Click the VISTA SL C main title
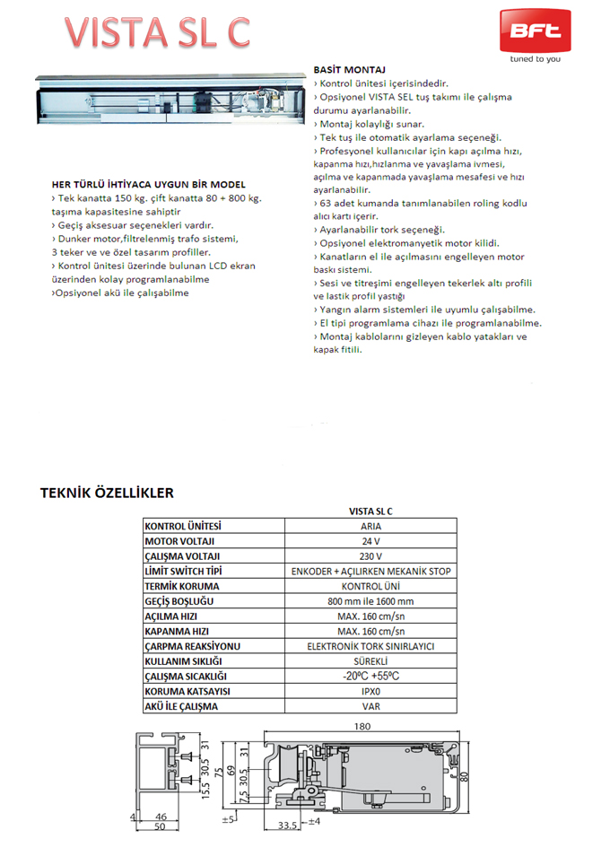click(x=158, y=32)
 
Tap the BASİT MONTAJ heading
click(x=349, y=69)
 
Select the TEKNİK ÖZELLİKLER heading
click(x=107, y=493)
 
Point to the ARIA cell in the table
click(x=370, y=526)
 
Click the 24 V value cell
click(x=370, y=541)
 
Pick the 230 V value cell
click(x=370, y=556)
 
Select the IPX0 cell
click(x=370, y=692)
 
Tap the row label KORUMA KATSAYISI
click(x=188, y=692)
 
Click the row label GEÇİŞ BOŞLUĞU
click(x=179, y=601)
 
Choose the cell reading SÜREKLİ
click(x=370, y=661)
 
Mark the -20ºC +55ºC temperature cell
click(x=370, y=677)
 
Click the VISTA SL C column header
click(x=370, y=510)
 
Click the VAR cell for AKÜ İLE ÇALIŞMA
click(x=370, y=707)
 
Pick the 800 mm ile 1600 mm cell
click(x=370, y=601)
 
